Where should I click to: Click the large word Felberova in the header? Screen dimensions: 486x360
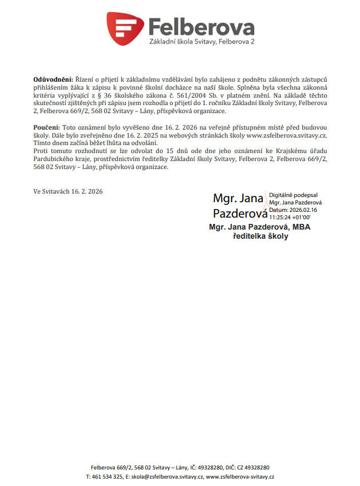point(201,26)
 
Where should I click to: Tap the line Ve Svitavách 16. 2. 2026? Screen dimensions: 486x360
point(67,191)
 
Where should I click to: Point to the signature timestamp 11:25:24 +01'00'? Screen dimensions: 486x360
point(290,218)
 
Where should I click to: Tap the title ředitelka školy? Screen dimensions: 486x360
point(261,236)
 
